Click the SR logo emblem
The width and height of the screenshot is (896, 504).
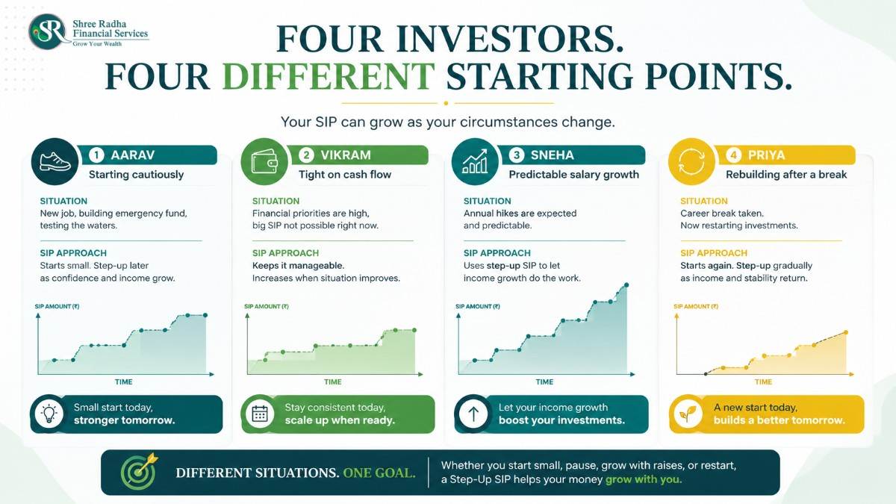(48, 31)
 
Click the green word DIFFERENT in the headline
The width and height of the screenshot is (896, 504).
(329, 76)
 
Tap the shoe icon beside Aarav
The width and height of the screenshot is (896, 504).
(55, 161)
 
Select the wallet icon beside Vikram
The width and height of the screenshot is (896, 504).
(264, 161)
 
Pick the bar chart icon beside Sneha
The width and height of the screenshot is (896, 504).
(475, 161)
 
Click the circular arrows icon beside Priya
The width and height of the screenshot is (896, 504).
(691, 161)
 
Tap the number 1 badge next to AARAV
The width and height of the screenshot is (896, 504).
(96, 155)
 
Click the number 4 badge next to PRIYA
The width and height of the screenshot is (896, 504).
(733, 155)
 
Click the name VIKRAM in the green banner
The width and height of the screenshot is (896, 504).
(346, 155)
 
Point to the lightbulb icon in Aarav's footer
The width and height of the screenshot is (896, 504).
(49, 414)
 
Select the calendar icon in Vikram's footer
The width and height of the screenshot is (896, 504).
(260, 414)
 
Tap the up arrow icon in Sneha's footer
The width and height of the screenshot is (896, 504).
(473, 414)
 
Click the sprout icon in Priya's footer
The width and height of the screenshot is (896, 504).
(688, 414)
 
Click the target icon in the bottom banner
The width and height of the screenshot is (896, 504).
(139, 473)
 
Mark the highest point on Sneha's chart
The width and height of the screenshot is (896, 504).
(626, 284)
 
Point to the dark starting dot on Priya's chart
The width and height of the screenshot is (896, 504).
(706, 374)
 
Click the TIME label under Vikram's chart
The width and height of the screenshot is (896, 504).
(333, 382)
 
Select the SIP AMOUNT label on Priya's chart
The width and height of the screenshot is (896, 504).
(696, 306)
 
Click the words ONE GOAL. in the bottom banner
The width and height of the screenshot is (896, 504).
(379, 473)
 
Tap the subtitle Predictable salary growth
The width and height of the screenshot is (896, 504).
(574, 175)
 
